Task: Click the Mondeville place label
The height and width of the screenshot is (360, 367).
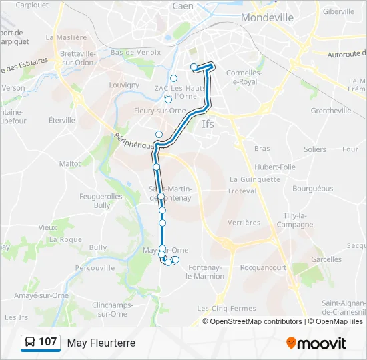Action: (266, 18)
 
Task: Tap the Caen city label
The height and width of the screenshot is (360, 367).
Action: (183, 5)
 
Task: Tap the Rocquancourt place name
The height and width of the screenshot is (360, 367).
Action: (263, 267)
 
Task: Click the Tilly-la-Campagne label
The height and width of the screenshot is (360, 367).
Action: (294, 220)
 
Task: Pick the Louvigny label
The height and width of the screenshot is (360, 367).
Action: (124, 85)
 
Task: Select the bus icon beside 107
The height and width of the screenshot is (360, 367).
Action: (30, 343)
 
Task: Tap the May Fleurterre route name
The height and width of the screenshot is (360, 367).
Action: (101, 343)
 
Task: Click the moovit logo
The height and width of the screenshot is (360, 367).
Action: (316, 343)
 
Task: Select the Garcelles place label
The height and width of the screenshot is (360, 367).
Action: (326, 259)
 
